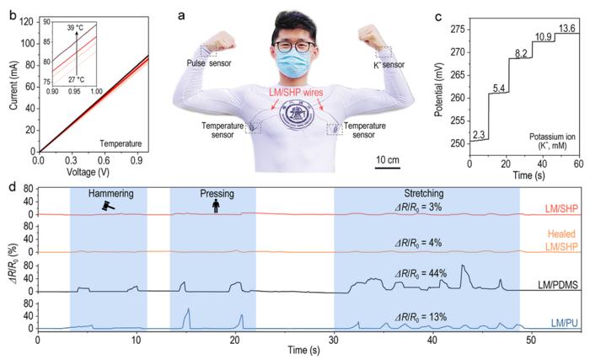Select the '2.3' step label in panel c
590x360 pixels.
[x=478, y=134]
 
